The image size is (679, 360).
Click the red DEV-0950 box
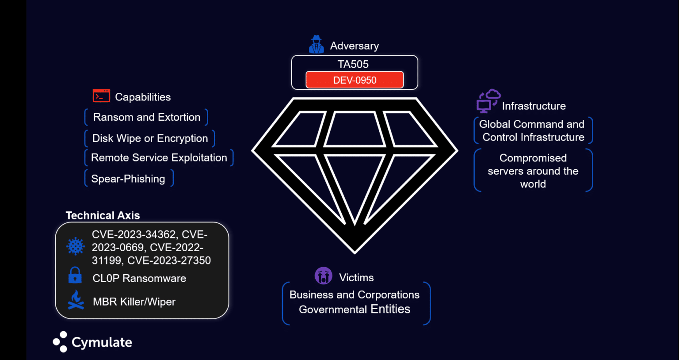click(355, 80)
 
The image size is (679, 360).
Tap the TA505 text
click(353, 64)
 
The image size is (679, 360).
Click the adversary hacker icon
click(316, 45)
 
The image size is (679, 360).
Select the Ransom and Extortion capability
click(146, 117)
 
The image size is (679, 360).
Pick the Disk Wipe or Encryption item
click(150, 138)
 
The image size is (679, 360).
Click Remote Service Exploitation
click(159, 158)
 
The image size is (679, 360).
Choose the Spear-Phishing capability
click(128, 179)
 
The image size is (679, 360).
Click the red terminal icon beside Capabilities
click(101, 96)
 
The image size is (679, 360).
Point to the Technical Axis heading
click(103, 215)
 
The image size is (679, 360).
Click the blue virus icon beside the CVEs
click(76, 246)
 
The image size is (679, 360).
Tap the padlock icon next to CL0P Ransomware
click(75, 275)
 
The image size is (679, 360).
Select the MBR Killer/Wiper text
click(134, 302)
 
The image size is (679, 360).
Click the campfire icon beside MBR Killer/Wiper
click(76, 300)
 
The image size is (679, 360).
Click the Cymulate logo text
click(102, 342)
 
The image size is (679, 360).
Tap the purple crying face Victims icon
click(323, 276)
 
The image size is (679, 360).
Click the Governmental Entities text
click(355, 309)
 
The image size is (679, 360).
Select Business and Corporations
click(355, 295)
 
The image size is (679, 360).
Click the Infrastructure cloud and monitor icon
click(488, 100)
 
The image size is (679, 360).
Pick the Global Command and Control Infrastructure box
click(533, 130)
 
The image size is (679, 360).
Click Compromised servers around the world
click(533, 171)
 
